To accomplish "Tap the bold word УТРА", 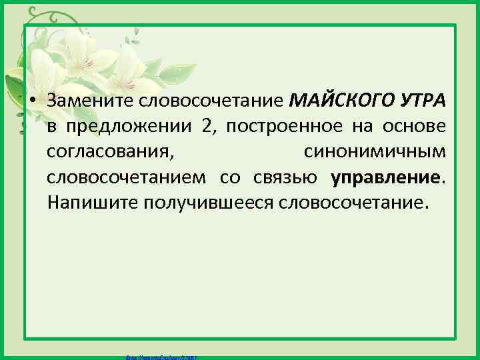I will tap(421, 101).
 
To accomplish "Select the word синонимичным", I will tap(375, 151).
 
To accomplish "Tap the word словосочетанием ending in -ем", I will tap(127, 177).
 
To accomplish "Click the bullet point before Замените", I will tap(32, 101).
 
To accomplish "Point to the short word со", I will tap(237, 177).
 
